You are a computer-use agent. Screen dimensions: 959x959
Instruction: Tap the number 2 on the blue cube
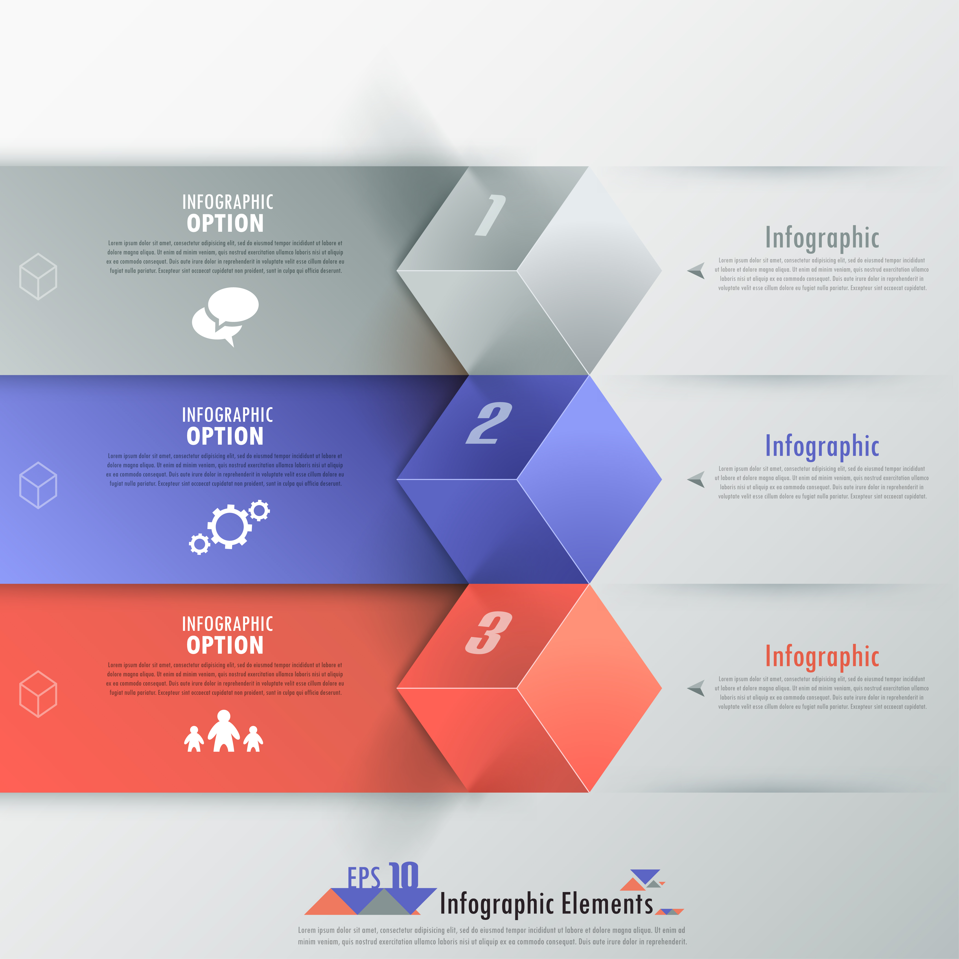point(489,423)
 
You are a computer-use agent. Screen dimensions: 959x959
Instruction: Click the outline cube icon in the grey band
point(38,276)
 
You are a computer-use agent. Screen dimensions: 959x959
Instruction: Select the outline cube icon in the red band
point(38,694)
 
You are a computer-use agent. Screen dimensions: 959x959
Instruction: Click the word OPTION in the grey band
point(225,223)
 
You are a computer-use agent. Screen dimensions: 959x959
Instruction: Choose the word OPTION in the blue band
point(225,436)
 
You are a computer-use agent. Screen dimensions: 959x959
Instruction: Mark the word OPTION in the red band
point(225,645)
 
